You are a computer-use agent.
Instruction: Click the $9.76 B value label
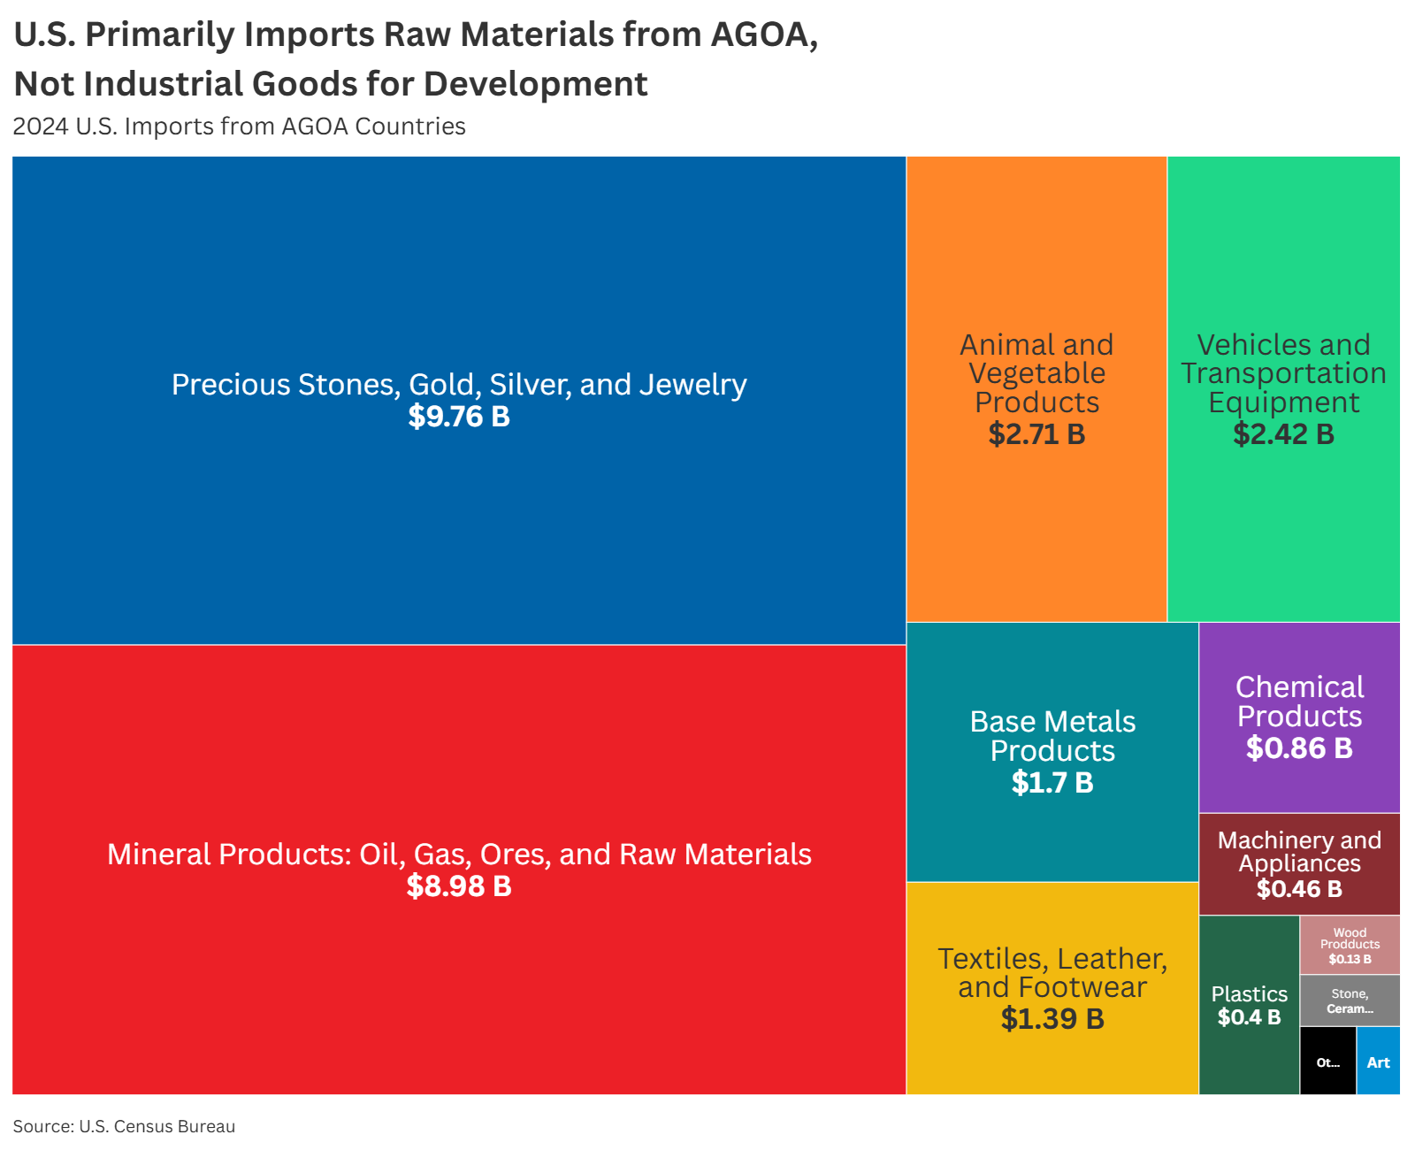[x=459, y=417]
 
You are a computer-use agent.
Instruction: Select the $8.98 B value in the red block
[x=459, y=886]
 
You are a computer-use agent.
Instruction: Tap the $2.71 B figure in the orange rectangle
[x=1036, y=434]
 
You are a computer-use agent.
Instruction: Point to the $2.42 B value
[x=1283, y=434]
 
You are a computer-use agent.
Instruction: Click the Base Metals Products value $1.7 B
[x=1052, y=783]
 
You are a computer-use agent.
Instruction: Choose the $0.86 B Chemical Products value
[x=1299, y=748]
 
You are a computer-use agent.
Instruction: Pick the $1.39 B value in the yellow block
[x=1052, y=1019]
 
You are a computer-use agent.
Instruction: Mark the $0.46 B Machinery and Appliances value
[x=1299, y=889]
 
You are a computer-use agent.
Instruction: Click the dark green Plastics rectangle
[x=1249, y=1053]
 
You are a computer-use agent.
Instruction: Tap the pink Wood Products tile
[x=1350, y=945]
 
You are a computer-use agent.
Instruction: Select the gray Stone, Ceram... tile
[x=1350, y=1000]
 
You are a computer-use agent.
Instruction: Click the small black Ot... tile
[x=1327, y=1062]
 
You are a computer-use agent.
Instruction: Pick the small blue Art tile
[x=1378, y=1062]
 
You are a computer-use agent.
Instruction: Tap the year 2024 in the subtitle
[x=41, y=126]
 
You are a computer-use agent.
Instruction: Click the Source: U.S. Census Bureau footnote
[x=124, y=1126]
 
